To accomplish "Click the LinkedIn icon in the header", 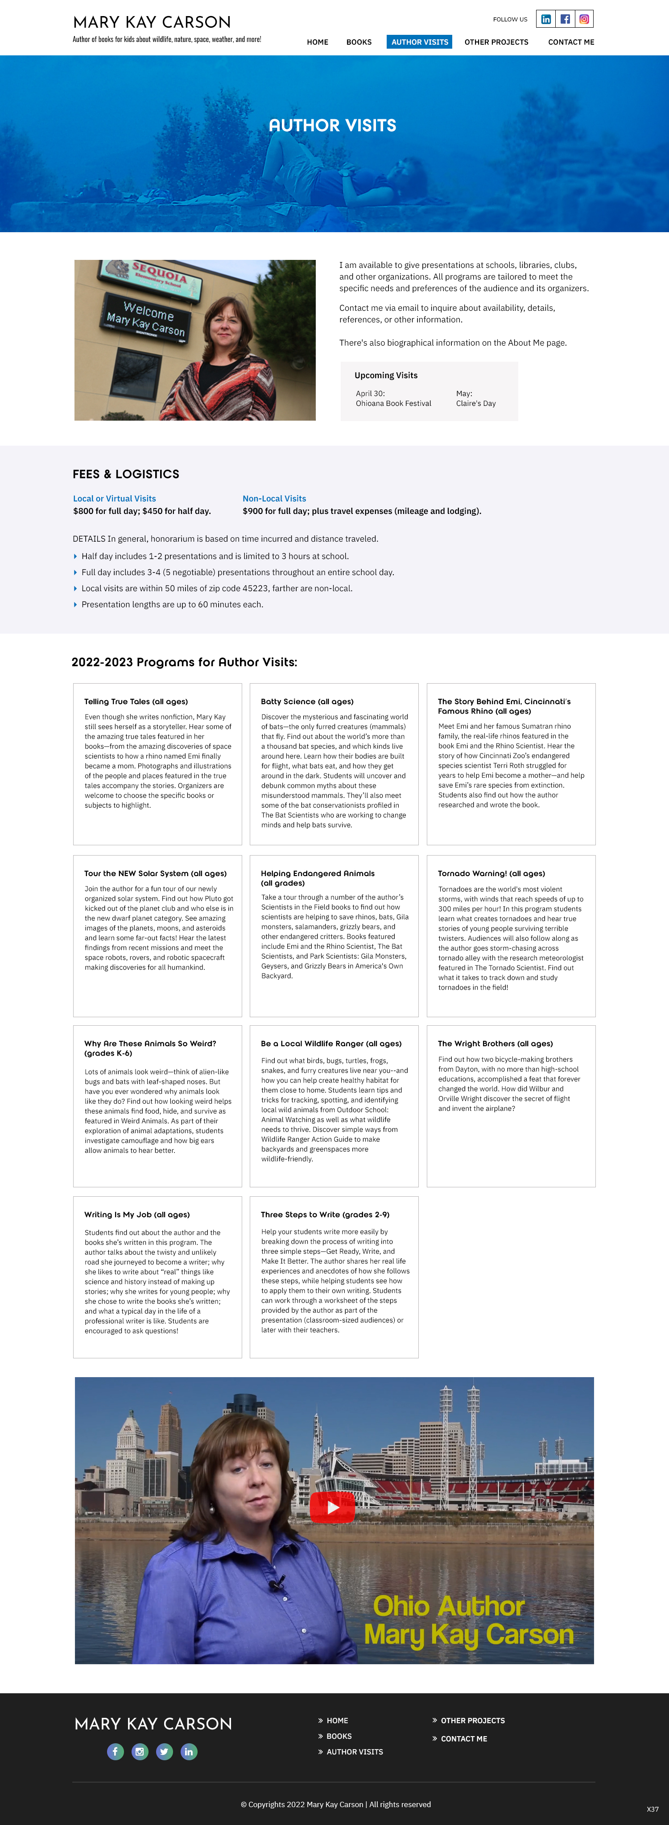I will [546, 19].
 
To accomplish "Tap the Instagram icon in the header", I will [584, 19].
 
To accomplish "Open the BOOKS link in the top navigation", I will [359, 42].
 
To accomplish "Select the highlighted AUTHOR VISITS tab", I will [420, 42].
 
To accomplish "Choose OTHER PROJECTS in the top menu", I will [496, 42].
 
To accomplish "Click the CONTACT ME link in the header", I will [570, 42].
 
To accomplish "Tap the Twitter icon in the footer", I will [164, 1751].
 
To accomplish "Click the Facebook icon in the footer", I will [116, 1751].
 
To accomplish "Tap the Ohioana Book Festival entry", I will [394, 403].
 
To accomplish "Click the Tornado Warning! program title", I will [491, 873].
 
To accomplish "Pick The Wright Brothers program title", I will [496, 1044].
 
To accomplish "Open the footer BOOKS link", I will [339, 1736].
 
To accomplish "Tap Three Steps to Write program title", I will [325, 1214].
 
